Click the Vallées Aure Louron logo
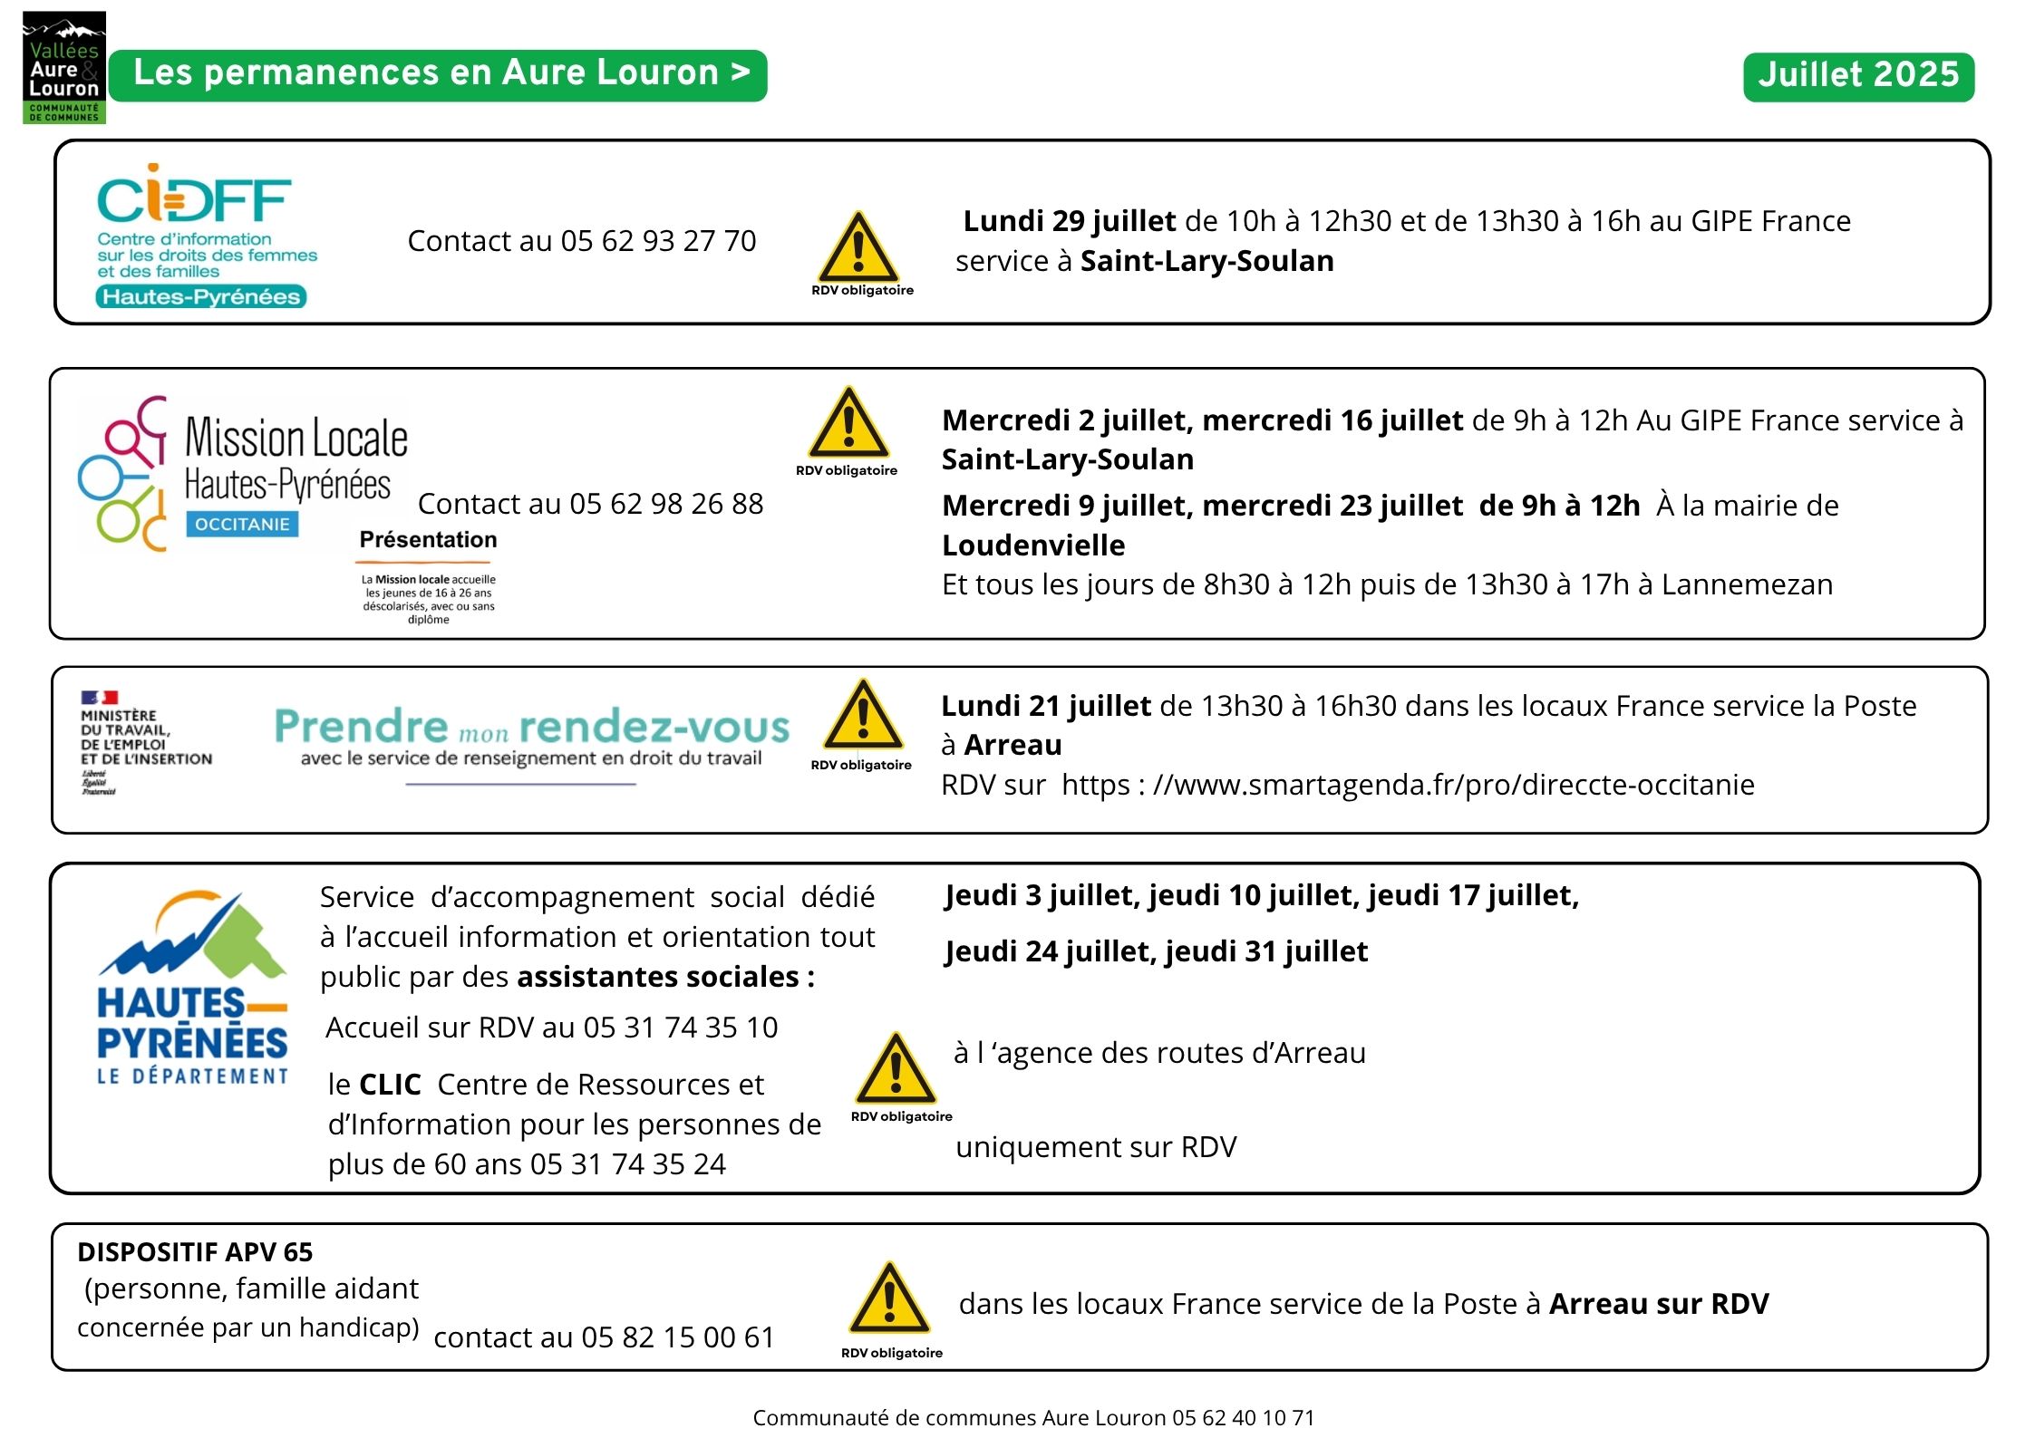pyautogui.click(x=63, y=68)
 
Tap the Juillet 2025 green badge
pyautogui.click(x=1858, y=76)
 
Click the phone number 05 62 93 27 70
pyautogui.click(x=658, y=241)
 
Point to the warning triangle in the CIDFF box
pyautogui.click(x=858, y=248)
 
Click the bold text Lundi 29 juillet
pyautogui.click(x=1069, y=221)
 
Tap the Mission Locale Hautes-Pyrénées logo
pyautogui.click(x=243, y=473)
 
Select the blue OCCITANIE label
pyautogui.click(x=242, y=525)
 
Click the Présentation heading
pyautogui.click(x=428, y=540)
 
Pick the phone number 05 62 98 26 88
pyautogui.click(x=666, y=504)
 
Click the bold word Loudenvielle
pyautogui.click(x=1033, y=545)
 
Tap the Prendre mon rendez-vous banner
pyautogui.click(x=532, y=737)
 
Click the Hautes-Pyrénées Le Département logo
pyautogui.click(x=192, y=989)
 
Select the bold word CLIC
pyautogui.click(x=390, y=1085)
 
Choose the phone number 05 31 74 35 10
pyautogui.click(x=680, y=1028)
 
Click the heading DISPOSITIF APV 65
pyautogui.click(x=195, y=1252)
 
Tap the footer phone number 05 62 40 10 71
pyautogui.click(x=1243, y=1418)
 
